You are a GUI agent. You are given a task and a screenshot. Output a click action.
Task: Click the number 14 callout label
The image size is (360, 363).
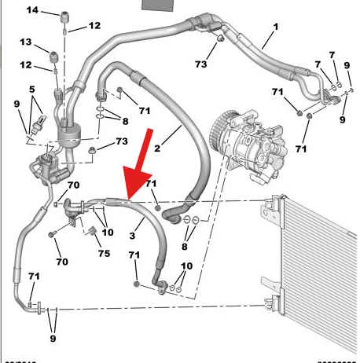31,9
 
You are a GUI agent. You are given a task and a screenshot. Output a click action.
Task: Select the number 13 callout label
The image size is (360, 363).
25,41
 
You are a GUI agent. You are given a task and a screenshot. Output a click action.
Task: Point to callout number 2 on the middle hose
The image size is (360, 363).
157,147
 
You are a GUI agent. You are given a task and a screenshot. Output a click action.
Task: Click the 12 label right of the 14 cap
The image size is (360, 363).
94,26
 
